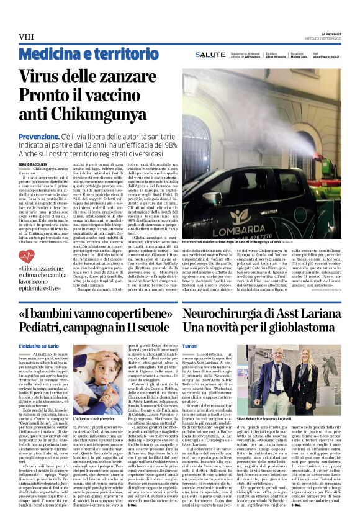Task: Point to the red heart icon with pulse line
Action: (x=27, y=254)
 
